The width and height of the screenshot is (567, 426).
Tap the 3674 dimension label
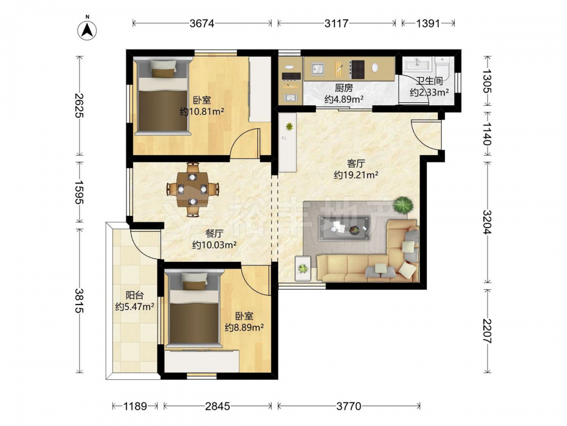pyautogui.click(x=202, y=23)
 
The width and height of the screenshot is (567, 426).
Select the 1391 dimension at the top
pyautogui.click(x=428, y=23)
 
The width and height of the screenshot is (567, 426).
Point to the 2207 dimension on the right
pyautogui.click(x=487, y=331)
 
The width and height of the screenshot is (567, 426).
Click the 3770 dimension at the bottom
pyautogui.click(x=349, y=407)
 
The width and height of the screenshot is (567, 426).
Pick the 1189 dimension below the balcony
pyautogui.click(x=135, y=407)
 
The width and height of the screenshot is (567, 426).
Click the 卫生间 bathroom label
pyautogui.click(x=429, y=81)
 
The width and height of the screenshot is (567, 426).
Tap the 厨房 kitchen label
pyautogui.click(x=344, y=87)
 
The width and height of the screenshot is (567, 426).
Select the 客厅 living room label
pyautogui.click(x=356, y=164)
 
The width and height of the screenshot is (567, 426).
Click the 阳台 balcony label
pyautogui.click(x=134, y=295)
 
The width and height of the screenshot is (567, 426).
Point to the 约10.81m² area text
pyautogui.click(x=202, y=111)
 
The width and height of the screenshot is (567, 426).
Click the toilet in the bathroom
pyautogui.click(x=442, y=68)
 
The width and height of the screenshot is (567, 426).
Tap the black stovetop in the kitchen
pyautogui.click(x=357, y=69)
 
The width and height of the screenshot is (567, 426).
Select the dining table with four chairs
pyautogui.click(x=193, y=189)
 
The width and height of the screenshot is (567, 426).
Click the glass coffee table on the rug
pyautogui.click(x=344, y=228)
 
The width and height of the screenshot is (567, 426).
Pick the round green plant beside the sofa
pyautogui.click(x=403, y=206)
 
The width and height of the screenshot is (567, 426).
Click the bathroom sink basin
pyautogui.click(x=418, y=65)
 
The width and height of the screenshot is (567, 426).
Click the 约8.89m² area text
pyautogui.click(x=244, y=328)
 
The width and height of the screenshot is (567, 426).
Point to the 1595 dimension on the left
pyautogui.click(x=79, y=192)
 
